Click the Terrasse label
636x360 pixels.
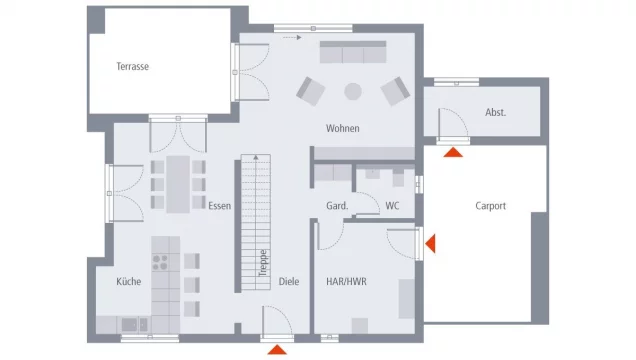click(133, 67)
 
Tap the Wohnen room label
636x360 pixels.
click(342, 129)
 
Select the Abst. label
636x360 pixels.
click(495, 112)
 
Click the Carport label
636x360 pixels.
click(490, 206)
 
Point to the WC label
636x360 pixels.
click(392, 206)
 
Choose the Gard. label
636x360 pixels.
click(337, 206)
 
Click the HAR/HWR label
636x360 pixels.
click(347, 282)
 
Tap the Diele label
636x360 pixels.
click(289, 282)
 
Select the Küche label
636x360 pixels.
click(128, 282)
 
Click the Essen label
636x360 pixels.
click(219, 206)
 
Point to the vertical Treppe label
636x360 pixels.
click(263, 262)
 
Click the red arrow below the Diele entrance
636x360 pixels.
click(277, 349)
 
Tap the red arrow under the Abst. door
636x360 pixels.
click(455, 152)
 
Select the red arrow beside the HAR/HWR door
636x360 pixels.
click(430, 243)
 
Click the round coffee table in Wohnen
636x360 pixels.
click(353, 91)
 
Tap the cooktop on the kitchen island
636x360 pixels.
click(161, 262)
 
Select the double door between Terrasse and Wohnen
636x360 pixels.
click(237, 74)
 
